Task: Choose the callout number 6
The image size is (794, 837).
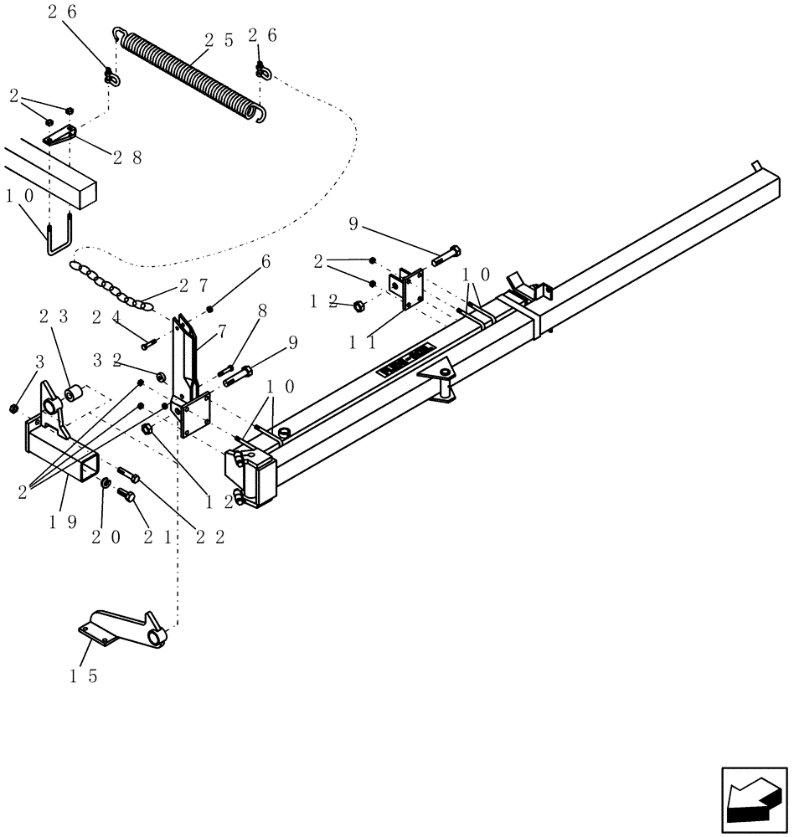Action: click(x=266, y=262)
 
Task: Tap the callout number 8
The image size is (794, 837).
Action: click(x=262, y=311)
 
